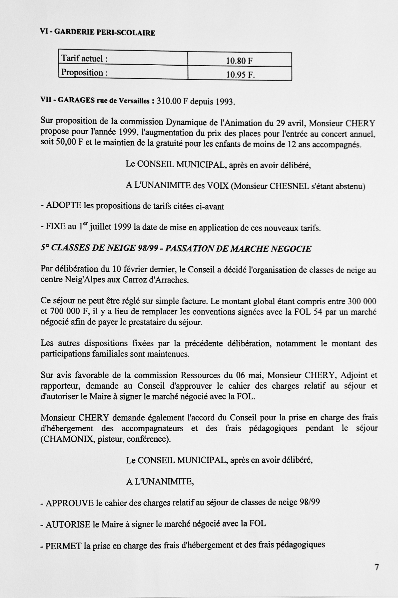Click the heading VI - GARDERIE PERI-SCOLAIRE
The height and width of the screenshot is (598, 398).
(x=98, y=33)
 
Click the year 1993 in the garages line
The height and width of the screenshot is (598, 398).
(x=225, y=102)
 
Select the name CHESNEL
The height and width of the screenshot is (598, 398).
(x=289, y=186)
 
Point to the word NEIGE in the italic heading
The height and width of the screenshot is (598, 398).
(x=121, y=248)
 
